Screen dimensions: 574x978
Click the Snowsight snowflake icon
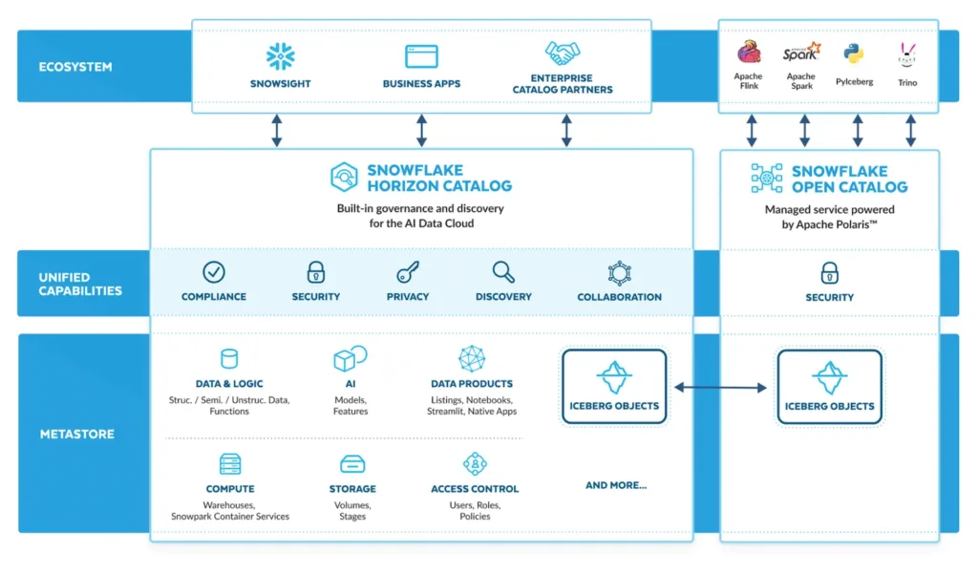[x=280, y=56]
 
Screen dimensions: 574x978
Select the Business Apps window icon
[x=421, y=56]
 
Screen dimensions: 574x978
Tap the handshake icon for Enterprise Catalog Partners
[x=563, y=53]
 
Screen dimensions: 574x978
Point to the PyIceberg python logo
[x=854, y=53]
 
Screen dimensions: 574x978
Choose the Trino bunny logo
[x=907, y=53]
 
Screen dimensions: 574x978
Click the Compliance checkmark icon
[x=214, y=272]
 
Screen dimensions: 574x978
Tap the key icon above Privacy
[x=408, y=272]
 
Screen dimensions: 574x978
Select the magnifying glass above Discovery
[x=503, y=272]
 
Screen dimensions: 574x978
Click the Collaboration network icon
[x=619, y=273]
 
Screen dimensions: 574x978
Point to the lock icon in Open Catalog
[x=829, y=273]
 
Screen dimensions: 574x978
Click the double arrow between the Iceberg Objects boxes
[x=720, y=387]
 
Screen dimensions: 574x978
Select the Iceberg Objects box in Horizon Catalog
[x=614, y=386]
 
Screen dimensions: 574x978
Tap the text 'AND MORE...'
[x=615, y=485]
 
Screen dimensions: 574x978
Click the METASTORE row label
[x=76, y=434]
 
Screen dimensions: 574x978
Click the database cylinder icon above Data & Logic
[x=229, y=359]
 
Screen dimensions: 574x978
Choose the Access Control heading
[x=475, y=489]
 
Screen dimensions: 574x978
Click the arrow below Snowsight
[x=276, y=130]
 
